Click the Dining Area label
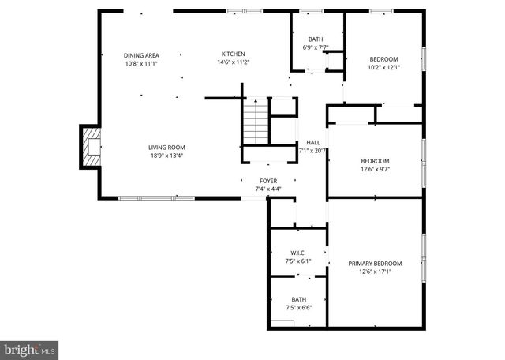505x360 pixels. click(141, 54)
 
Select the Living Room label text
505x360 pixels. click(166, 147)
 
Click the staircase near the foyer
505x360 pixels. click(255, 122)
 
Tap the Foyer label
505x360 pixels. click(268, 181)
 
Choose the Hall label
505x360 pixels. click(313, 143)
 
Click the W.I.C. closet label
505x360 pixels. click(298, 253)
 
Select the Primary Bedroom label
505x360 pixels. click(375, 263)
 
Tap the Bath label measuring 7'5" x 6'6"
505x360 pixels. click(298, 299)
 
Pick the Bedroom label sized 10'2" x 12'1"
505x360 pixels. click(384, 59)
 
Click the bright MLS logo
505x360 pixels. click(29, 349)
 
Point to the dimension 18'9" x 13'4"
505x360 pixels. click(166, 156)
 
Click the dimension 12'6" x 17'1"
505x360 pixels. click(375, 272)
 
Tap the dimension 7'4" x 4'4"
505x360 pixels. click(268, 189)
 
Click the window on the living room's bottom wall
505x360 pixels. click(156, 197)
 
